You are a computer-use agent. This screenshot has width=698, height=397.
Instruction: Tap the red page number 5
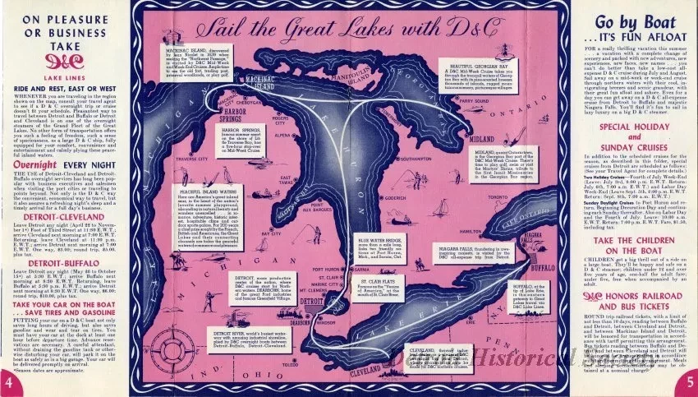coord(688,381)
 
